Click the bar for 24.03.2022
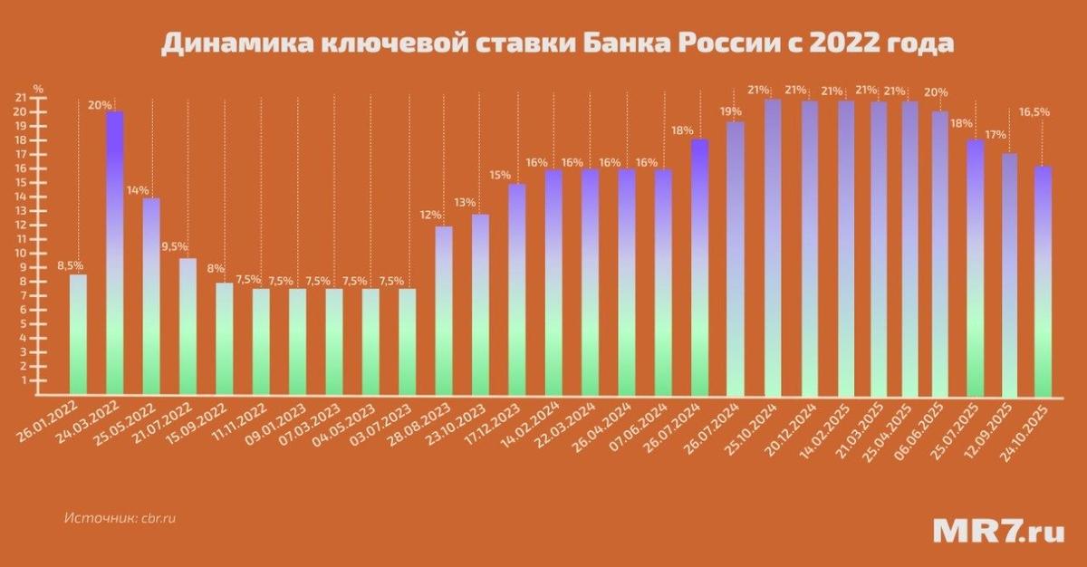coord(115,254)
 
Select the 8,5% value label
coord(70,265)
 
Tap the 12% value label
coord(431,215)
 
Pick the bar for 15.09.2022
coord(224,340)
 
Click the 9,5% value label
coord(176,245)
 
